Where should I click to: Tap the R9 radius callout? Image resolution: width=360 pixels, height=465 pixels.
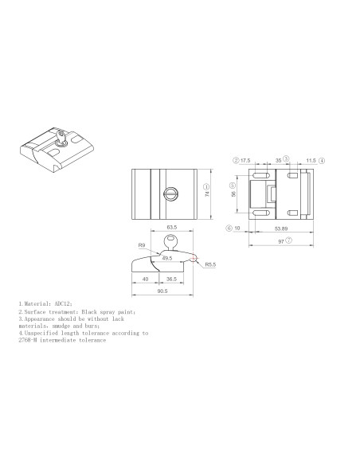click(141, 246)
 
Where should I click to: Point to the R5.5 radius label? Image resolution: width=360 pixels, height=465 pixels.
click(212, 264)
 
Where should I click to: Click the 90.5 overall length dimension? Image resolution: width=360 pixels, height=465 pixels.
click(162, 291)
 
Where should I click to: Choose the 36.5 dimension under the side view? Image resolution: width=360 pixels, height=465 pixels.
click(171, 279)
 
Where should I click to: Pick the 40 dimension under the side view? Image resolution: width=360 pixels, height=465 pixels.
click(144, 279)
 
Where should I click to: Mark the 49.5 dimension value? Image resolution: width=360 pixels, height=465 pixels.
click(166, 258)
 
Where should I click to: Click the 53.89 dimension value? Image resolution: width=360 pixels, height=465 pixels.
click(281, 227)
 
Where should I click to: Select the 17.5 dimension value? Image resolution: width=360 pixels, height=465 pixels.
click(245, 160)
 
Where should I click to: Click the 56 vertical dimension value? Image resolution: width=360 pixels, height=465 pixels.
click(234, 193)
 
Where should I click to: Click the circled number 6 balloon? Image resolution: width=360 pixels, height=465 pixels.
click(228, 227)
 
